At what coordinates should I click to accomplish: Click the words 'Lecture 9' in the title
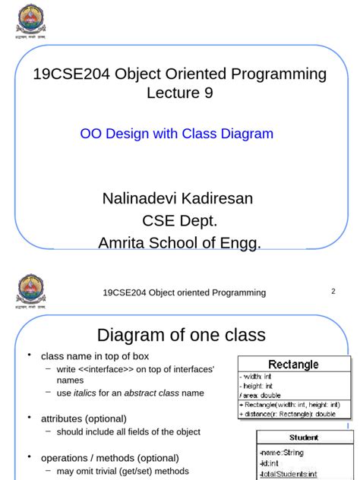click(180, 93)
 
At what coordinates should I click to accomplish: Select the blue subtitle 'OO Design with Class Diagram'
click(176, 134)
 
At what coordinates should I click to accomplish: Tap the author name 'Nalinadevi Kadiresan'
click(178, 199)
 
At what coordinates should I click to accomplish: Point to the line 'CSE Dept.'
click(180, 221)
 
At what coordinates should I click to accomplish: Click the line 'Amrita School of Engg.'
click(179, 243)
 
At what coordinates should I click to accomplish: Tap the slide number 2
click(333, 291)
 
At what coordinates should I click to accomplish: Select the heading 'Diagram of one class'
click(181, 335)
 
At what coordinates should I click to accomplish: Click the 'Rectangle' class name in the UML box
click(293, 365)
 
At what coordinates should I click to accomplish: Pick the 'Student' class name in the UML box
click(303, 437)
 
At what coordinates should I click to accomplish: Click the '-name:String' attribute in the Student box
click(282, 453)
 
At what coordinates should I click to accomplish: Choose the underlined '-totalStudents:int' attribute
click(289, 474)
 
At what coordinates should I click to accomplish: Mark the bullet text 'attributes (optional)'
click(84, 418)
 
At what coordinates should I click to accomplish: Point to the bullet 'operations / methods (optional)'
click(110, 458)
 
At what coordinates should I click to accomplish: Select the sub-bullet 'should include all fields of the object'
click(128, 431)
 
